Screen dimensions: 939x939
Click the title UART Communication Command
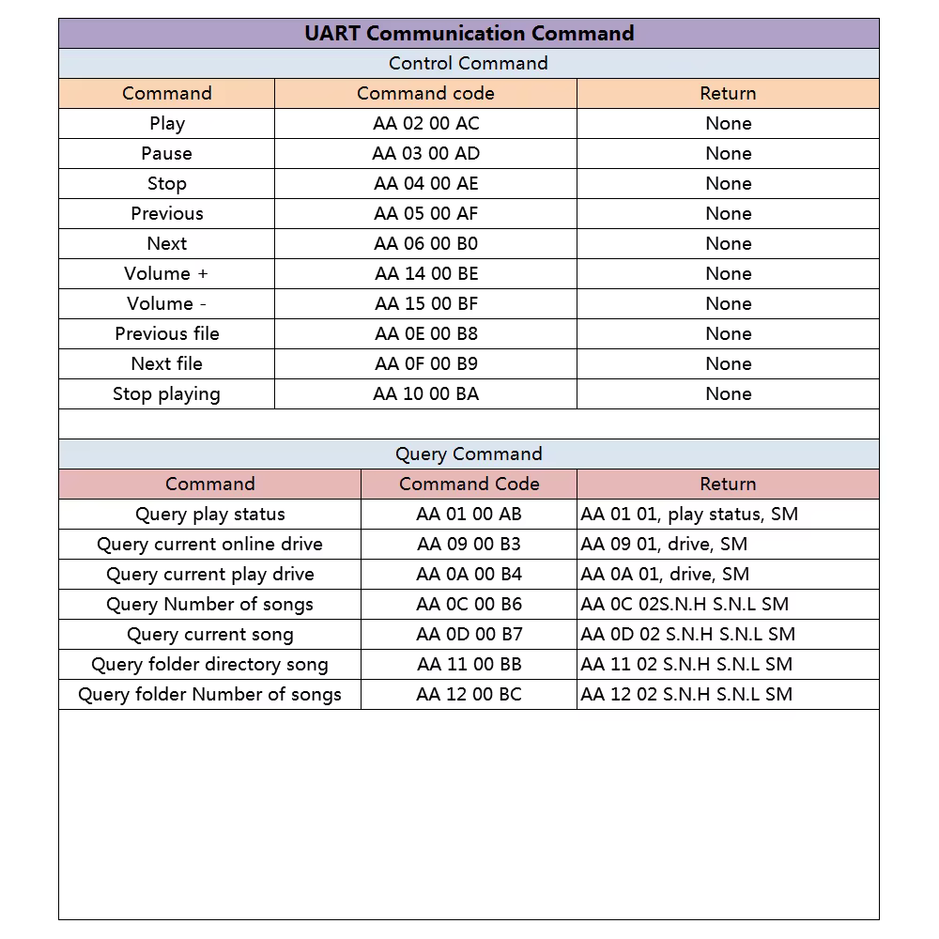pos(469,33)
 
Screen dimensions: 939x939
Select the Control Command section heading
pos(469,63)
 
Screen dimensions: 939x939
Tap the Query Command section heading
pos(469,454)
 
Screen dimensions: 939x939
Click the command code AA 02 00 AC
pos(425,123)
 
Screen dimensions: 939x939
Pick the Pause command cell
pos(166,153)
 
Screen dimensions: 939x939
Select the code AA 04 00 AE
pos(425,183)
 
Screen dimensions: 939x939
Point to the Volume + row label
pos(166,273)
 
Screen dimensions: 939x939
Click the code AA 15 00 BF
pos(425,303)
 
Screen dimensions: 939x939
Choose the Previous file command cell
pos(166,333)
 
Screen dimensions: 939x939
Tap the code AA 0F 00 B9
pos(425,363)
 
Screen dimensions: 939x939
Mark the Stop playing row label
pos(166,393)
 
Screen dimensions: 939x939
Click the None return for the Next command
pos(728,243)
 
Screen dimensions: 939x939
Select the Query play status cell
pos(209,514)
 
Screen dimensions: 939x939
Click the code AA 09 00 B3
pos(469,544)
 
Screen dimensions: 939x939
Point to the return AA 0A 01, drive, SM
pos(665,574)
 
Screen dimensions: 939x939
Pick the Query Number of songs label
pos(209,604)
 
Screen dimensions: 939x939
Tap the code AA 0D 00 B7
pos(469,634)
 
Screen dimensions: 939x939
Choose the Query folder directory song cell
pos(209,664)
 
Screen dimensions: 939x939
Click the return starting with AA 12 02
pos(686,694)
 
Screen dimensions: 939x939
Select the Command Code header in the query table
pos(469,484)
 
